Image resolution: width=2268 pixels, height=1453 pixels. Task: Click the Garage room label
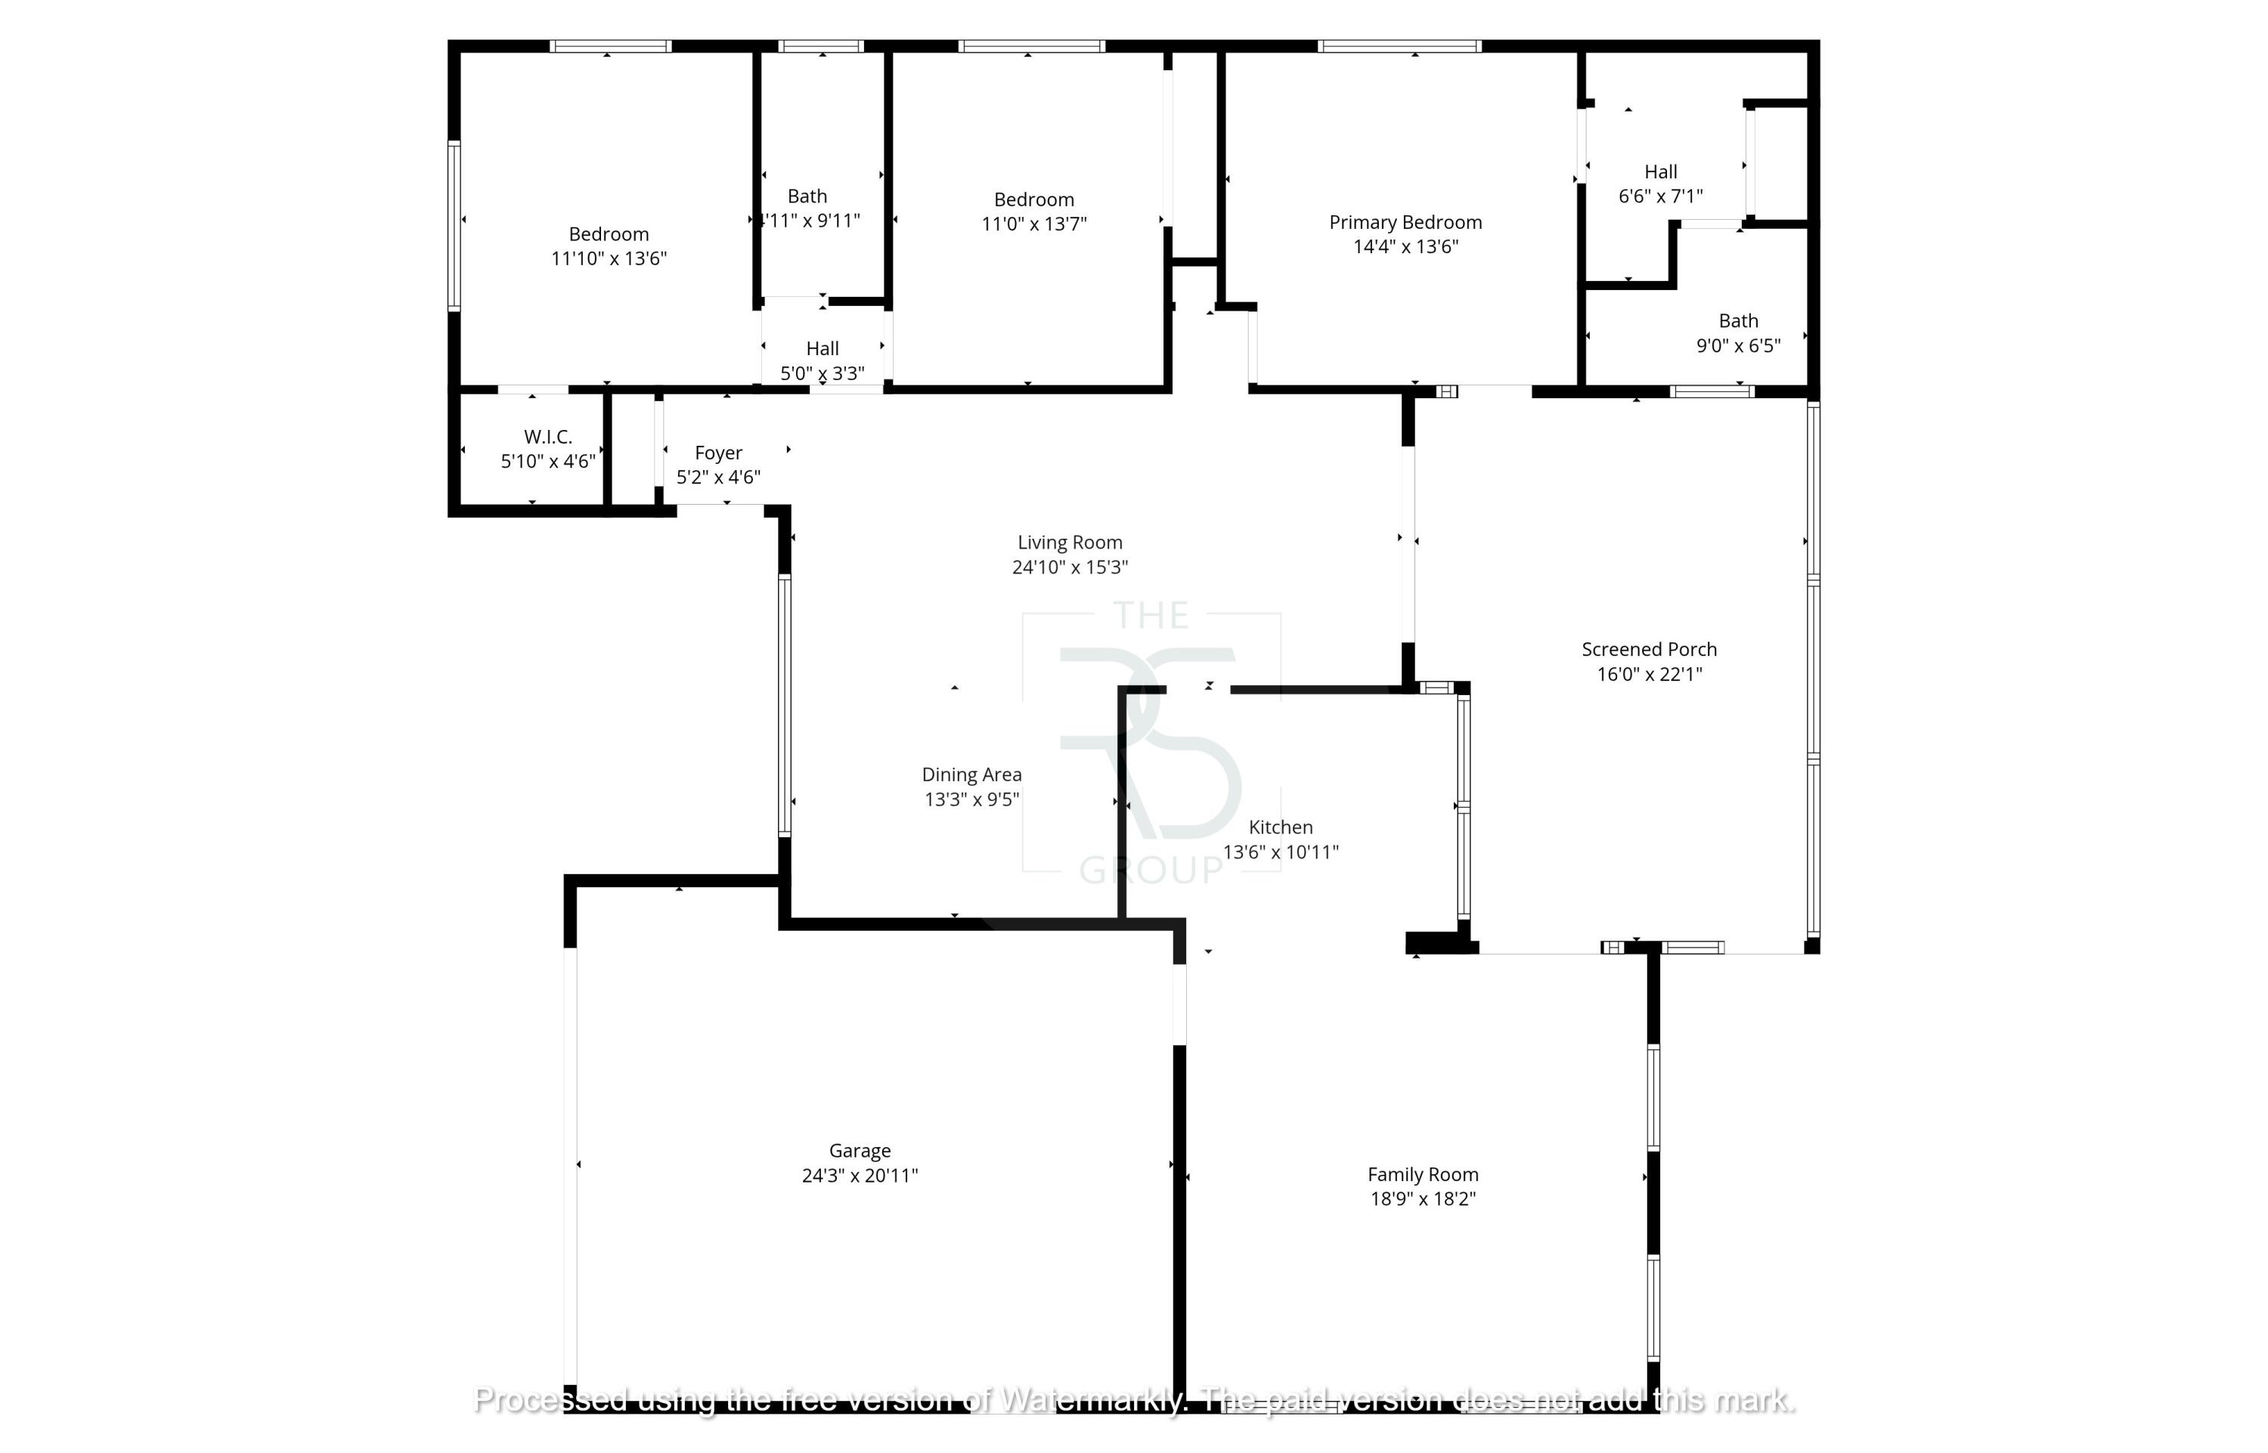[x=859, y=1150]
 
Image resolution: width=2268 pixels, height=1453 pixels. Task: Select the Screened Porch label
[x=1648, y=649]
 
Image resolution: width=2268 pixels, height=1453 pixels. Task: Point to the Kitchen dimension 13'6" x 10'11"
[x=1280, y=852]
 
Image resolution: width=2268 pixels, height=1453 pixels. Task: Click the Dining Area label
[x=971, y=774]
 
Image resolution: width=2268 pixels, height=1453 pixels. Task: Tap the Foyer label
[x=718, y=453]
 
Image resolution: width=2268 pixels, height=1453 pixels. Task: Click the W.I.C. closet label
[x=547, y=437]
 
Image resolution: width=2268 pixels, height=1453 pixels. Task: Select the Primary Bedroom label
[x=1405, y=223]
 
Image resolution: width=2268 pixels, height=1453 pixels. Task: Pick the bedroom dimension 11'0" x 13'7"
[x=1033, y=224]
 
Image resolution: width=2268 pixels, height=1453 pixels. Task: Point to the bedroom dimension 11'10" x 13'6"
[x=609, y=258]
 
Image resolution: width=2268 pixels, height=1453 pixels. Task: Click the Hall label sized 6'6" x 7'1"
[x=1660, y=172]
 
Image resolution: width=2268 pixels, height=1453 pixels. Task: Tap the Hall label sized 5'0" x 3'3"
[x=821, y=349]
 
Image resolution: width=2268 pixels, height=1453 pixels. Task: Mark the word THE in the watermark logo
[x=1151, y=616]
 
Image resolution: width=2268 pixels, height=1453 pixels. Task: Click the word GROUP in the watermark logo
[x=1151, y=870]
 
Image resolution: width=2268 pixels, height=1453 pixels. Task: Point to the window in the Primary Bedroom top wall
[x=1399, y=46]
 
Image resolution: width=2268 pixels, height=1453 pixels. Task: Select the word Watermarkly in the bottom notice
[x=1090, y=1399]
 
